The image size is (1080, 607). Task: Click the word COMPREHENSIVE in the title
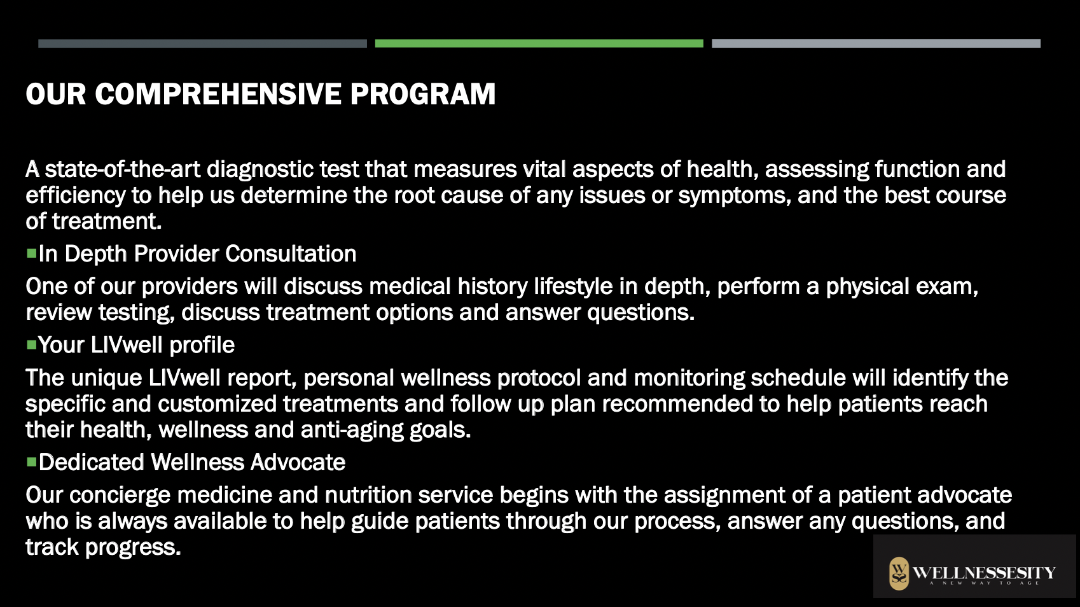218,94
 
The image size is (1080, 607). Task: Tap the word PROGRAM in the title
423,94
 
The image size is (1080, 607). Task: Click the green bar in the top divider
539,43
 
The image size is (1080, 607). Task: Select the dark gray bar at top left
202,43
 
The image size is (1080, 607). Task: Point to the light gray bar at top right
876,43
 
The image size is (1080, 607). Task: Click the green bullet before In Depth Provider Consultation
32,253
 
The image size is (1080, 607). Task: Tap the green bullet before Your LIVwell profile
32,345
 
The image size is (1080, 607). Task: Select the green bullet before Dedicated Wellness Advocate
32,462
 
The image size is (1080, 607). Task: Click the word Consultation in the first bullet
291,254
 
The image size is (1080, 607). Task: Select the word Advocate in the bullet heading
298,463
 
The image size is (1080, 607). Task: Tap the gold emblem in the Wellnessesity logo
899,574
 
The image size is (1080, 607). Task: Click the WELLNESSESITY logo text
984,573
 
